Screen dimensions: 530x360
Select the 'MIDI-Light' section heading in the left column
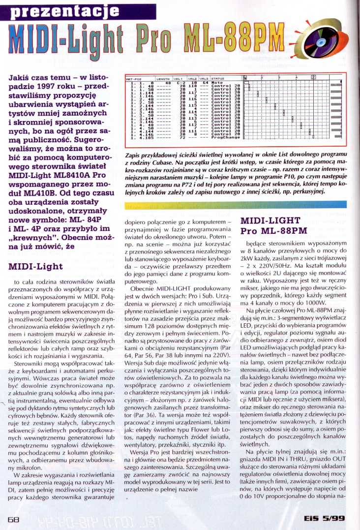pyautogui.click(x=35, y=267)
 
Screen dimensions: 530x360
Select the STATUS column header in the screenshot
pyautogui.click(x=217, y=78)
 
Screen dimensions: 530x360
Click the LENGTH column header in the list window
pyautogui.click(x=163, y=78)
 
